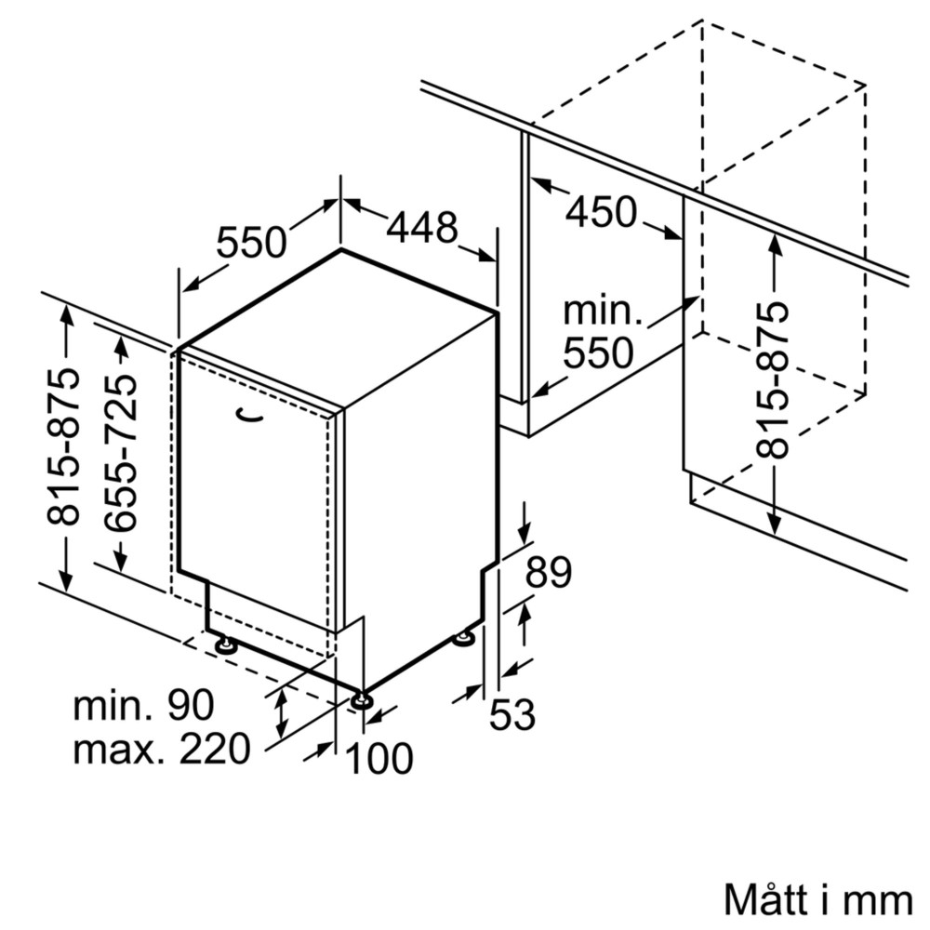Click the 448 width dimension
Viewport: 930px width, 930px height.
pos(422,227)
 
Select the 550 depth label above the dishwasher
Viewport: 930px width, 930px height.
pos(251,243)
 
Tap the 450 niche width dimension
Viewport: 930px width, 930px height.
pos(602,212)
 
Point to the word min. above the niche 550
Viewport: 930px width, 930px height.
pos(603,311)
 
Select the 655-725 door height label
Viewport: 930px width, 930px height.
pos(120,453)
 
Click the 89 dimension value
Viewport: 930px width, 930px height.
pos(548,573)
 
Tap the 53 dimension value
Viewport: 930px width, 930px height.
pos(512,714)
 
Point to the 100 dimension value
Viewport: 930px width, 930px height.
pos(379,759)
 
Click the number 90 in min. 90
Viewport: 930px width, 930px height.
pos(192,705)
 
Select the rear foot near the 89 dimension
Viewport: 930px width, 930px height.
pos(463,638)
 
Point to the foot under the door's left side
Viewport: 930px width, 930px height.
pos(224,644)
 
